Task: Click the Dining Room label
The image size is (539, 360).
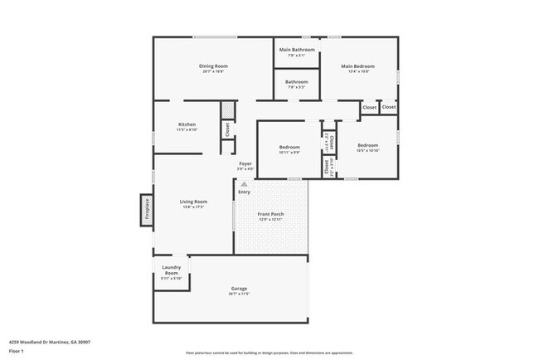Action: (213, 66)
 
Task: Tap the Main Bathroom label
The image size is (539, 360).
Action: (296, 50)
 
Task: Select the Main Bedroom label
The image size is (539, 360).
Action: (358, 66)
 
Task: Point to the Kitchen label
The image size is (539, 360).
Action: (187, 124)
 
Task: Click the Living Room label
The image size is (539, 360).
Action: (194, 201)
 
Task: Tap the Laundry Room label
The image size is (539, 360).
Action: (172, 270)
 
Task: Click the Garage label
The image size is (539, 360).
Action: (239, 288)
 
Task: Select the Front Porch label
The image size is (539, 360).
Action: (271, 214)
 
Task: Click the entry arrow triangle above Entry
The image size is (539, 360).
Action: (244, 184)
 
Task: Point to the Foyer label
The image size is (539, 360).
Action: (245, 163)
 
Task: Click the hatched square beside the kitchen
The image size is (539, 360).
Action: (226, 111)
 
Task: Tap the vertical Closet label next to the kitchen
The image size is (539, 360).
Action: (227, 129)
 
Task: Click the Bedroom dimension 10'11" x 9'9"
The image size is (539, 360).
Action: (289, 152)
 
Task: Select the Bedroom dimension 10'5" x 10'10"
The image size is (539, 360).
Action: (367, 150)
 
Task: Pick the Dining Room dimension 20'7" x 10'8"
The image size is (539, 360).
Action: (213, 71)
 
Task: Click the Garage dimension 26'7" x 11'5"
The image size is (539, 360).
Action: (239, 294)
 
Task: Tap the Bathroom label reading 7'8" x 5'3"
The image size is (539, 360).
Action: (297, 87)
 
